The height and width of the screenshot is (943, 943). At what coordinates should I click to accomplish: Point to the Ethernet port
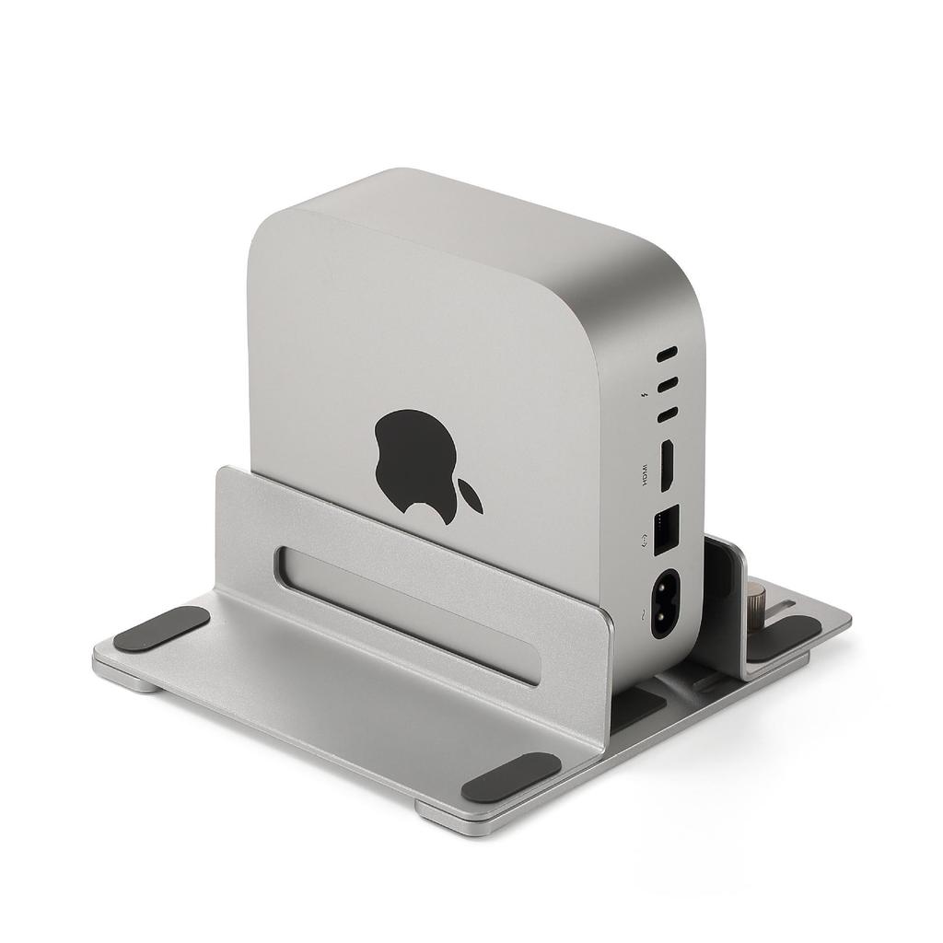pyautogui.click(x=664, y=529)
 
